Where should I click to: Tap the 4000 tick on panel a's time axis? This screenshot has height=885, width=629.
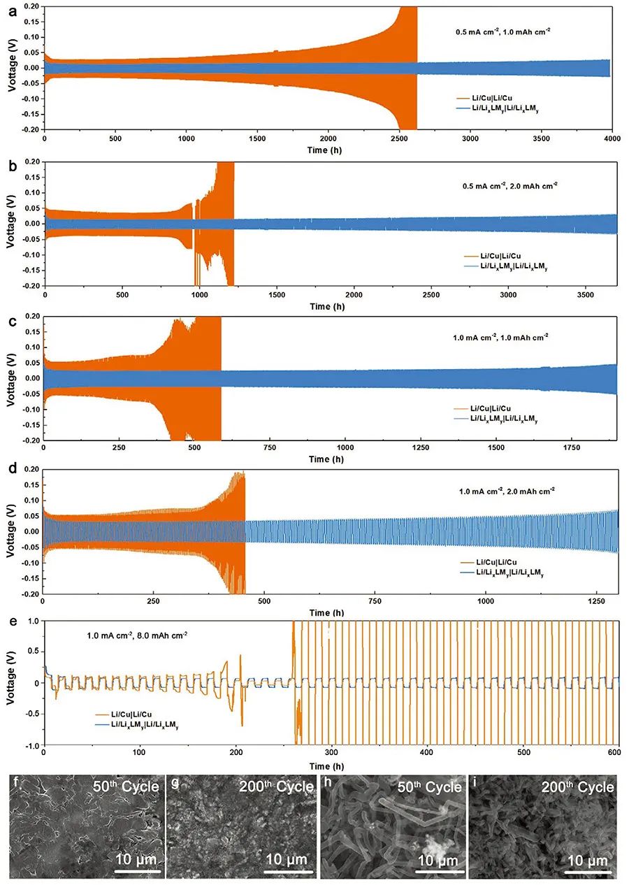tap(612, 139)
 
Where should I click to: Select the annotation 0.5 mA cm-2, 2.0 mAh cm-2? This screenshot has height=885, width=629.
tap(502, 186)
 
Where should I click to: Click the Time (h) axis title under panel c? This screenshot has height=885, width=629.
tap(330, 460)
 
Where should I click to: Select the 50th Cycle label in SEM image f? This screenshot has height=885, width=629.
tap(126, 786)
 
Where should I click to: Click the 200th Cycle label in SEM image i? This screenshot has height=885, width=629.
tap(577, 786)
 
